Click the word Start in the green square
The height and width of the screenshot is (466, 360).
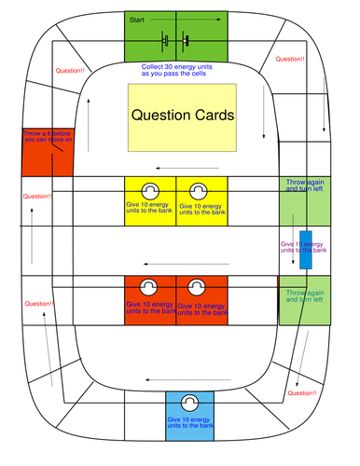point(137,19)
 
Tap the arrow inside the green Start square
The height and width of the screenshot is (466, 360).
point(200,19)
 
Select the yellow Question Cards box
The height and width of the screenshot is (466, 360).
point(182,116)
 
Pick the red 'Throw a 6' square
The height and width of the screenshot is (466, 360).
point(48,150)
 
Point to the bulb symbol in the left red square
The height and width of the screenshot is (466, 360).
point(148,288)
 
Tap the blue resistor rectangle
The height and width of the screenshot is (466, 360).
point(306,248)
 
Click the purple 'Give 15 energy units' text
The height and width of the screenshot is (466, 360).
point(303,247)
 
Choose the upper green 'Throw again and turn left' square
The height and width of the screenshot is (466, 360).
point(304,199)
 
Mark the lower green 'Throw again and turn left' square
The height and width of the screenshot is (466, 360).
point(304,299)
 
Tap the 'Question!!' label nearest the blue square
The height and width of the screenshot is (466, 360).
point(302,394)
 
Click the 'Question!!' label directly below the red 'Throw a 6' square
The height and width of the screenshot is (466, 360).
point(38,197)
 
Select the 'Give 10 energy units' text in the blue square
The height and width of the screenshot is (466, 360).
point(189,424)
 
